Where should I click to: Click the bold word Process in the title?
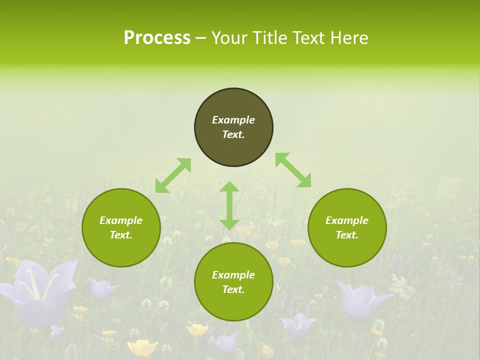[157, 38]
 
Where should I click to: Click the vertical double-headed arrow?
[229, 206]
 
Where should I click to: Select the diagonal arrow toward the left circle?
[173, 175]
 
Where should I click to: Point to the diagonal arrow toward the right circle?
[293, 170]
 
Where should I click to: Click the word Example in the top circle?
[233, 120]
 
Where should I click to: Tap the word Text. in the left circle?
[121, 235]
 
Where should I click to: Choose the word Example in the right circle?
[347, 220]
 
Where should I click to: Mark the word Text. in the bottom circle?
[233, 289]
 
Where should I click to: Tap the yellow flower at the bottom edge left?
[142, 347]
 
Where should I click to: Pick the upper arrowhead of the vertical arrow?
[229, 187]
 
